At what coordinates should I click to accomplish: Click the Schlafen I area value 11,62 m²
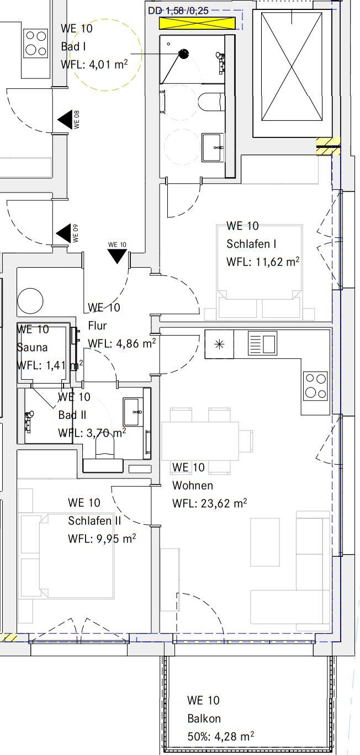coord(277,262)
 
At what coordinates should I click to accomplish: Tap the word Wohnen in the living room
coord(193,485)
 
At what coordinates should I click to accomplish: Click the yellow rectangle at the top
coord(197,24)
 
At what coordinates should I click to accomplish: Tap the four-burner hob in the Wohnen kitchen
coord(315,386)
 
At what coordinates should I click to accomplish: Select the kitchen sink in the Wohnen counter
coord(263,343)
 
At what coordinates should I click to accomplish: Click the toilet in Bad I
coord(210,102)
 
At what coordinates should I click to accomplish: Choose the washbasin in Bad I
coord(213,147)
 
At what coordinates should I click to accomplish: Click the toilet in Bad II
coord(105,445)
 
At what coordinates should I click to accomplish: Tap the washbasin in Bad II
coord(131,412)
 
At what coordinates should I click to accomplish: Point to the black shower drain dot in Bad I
coord(183,54)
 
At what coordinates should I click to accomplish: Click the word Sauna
coord(33,347)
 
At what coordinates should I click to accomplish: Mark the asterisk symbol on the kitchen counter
coord(219,344)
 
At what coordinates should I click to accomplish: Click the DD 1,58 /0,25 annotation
coord(178,11)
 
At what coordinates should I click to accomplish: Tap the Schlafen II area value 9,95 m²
coord(117,539)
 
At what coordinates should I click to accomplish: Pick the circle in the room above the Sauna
coord(30,301)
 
